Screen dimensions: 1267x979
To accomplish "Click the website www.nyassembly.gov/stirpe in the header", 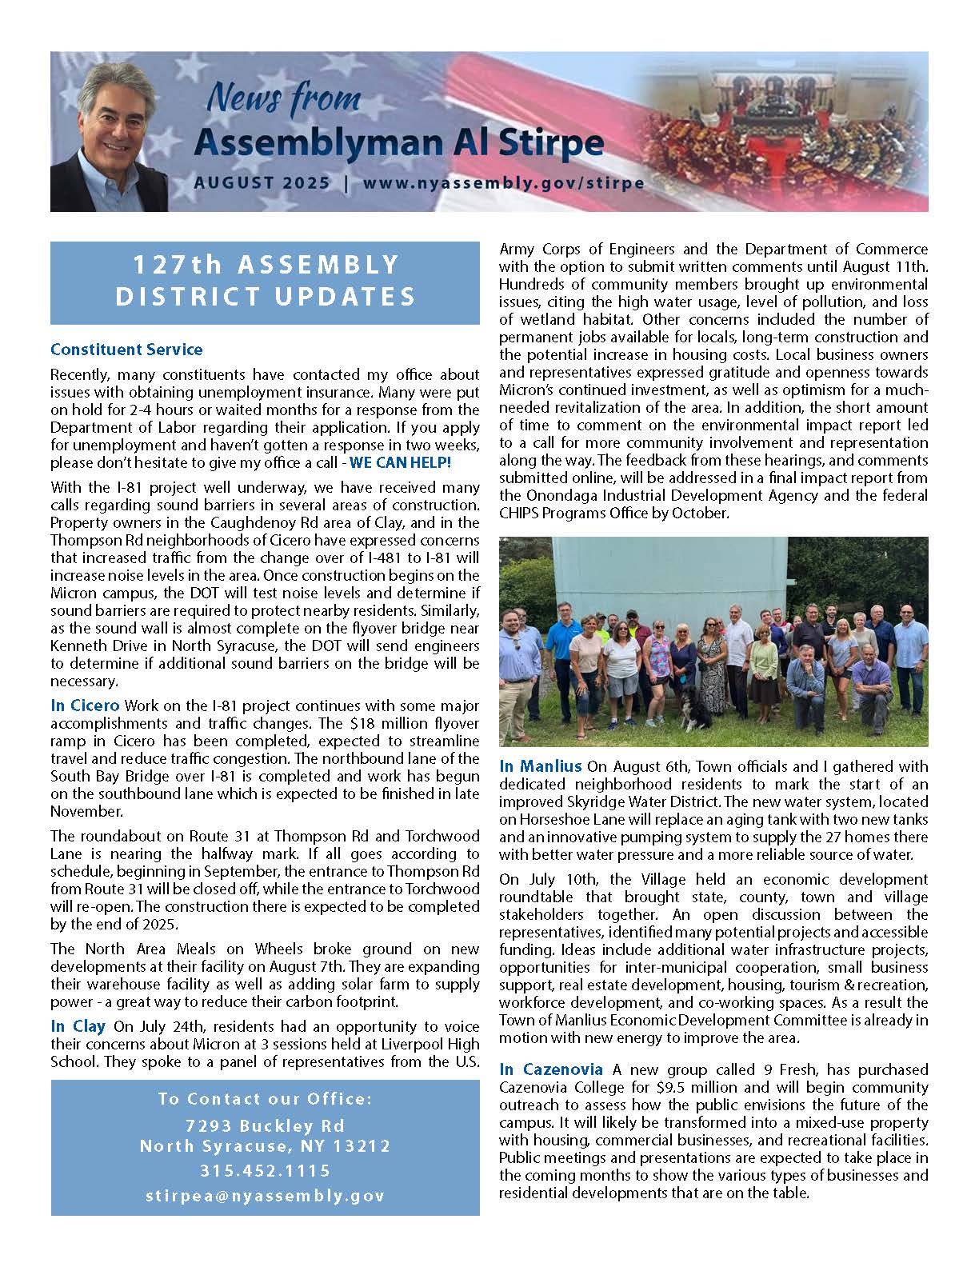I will pos(503,182).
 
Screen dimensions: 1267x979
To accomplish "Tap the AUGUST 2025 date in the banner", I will pos(262,182).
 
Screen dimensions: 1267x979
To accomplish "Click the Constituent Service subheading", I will pos(126,350).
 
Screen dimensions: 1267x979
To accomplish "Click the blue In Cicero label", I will pos(85,705).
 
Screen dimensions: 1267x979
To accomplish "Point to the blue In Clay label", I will pos(78,1026).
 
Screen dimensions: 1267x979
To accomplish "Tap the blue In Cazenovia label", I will pos(552,1069).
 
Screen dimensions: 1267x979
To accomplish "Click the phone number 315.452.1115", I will pos(265,1171).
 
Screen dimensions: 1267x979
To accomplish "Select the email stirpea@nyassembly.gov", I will pos(265,1196).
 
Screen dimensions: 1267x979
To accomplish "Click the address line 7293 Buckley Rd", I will pos(265,1125).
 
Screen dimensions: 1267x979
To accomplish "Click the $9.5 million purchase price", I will pos(690,1087).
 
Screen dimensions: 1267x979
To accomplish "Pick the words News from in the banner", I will pos(283,101).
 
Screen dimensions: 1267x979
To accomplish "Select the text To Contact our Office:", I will pos(265,1099).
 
